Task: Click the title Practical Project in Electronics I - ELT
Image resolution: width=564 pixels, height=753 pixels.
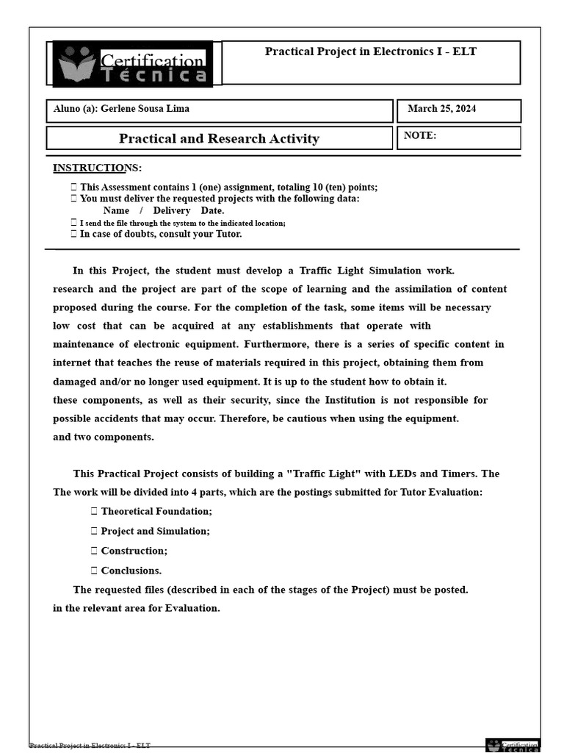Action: point(370,51)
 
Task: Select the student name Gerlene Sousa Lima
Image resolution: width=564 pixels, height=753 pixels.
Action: point(144,109)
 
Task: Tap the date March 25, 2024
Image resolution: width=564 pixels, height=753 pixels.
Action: point(441,109)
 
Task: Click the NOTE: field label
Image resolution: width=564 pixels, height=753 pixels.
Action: point(420,135)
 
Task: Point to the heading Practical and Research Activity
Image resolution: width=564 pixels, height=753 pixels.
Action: point(219,138)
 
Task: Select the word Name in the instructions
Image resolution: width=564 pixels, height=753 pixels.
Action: point(116,210)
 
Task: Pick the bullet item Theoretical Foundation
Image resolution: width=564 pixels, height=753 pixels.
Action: point(156,511)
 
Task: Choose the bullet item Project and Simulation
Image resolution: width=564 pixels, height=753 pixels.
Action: point(155,531)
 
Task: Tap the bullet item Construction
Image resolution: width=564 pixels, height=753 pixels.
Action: point(134,551)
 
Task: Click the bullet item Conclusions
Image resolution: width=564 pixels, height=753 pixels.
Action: point(131,571)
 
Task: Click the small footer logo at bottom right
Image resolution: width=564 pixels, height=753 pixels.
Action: point(513,746)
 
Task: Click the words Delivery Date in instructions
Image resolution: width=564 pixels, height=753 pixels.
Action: point(188,210)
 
